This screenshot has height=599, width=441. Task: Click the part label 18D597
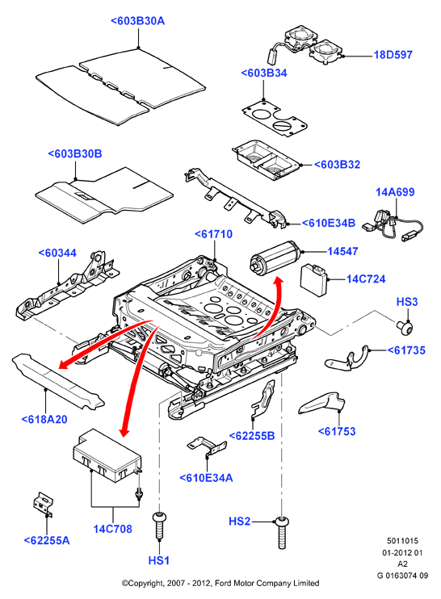(x=393, y=55)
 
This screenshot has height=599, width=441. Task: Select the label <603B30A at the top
(x=137, y=21)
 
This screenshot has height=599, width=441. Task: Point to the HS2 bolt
(x=282, y=533)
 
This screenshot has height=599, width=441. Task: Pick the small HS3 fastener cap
(x=405, y=328)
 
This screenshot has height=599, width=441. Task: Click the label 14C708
(x=113, y=529)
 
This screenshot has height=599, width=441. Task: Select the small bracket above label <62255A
(x=43, y=505)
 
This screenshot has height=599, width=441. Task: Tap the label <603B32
(x=337, y=165)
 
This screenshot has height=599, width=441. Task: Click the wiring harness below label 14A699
(x=393, y=228)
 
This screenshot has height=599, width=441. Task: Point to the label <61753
(x=337, y=431)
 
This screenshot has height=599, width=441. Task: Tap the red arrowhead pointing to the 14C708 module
(x=124, y=431)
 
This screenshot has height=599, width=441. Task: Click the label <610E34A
(x=206, y=478)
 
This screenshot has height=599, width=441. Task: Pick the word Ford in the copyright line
(x=224, y=584)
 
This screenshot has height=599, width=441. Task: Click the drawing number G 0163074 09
(x=402, y=576)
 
